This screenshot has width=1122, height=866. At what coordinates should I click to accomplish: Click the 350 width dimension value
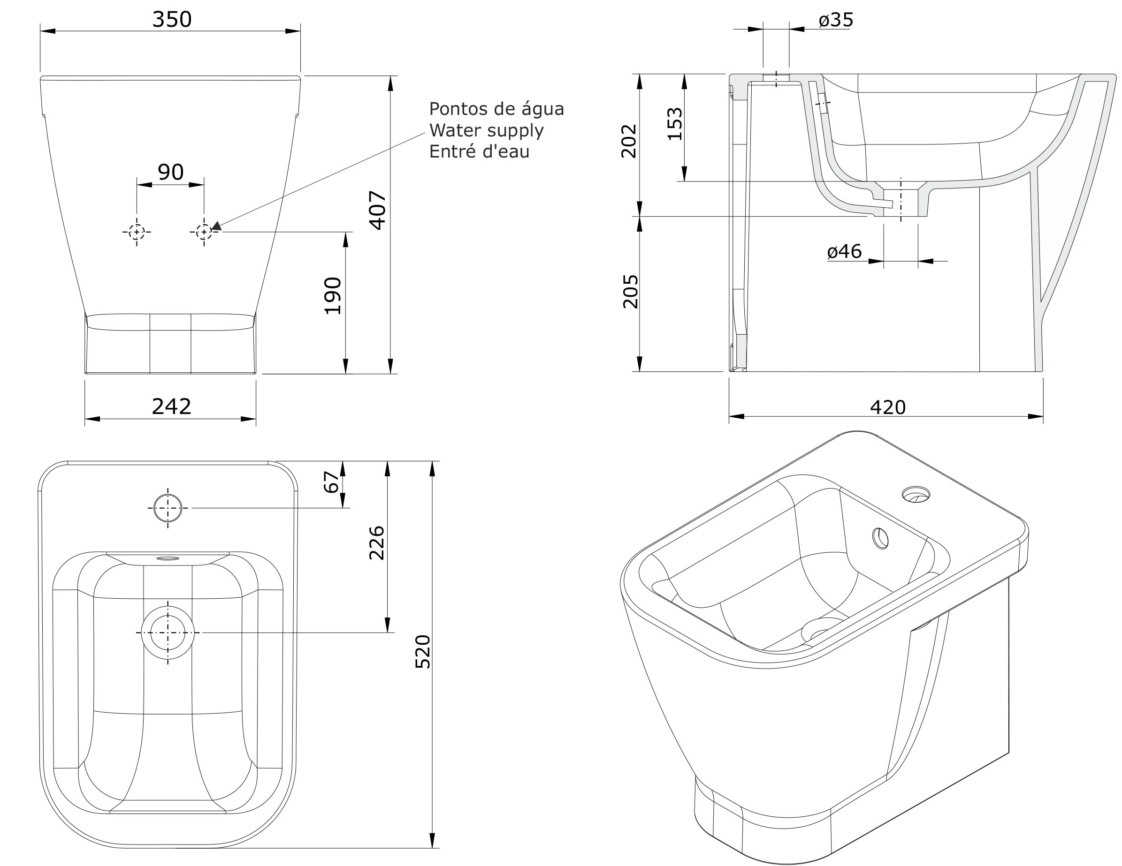(172, 20)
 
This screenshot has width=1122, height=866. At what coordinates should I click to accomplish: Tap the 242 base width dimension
(171, 407)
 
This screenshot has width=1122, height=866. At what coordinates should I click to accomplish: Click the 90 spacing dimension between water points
(170, 172)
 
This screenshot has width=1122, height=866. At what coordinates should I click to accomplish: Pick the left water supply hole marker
(137, 232)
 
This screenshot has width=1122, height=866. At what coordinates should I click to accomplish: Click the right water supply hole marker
(204, 232)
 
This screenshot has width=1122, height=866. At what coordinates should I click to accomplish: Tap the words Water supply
(486, 130)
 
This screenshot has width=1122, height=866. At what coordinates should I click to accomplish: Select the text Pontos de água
(496, 109)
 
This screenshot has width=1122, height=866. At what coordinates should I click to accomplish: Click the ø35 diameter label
(836, 20)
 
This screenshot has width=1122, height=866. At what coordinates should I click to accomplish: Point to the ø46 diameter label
(844, 251)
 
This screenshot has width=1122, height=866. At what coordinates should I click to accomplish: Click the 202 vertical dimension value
(629, 141)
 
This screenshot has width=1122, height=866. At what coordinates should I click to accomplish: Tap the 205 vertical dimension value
(630, 291)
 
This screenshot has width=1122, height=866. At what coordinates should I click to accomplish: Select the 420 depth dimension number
(887, 407)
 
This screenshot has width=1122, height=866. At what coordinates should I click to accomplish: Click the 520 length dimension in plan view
(422, 651)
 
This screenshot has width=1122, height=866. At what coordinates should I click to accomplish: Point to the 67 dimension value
(332, 482)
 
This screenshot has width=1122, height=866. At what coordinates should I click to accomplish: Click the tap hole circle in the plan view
(168, 508)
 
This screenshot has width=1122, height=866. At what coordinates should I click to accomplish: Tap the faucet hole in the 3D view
(916, 494)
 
